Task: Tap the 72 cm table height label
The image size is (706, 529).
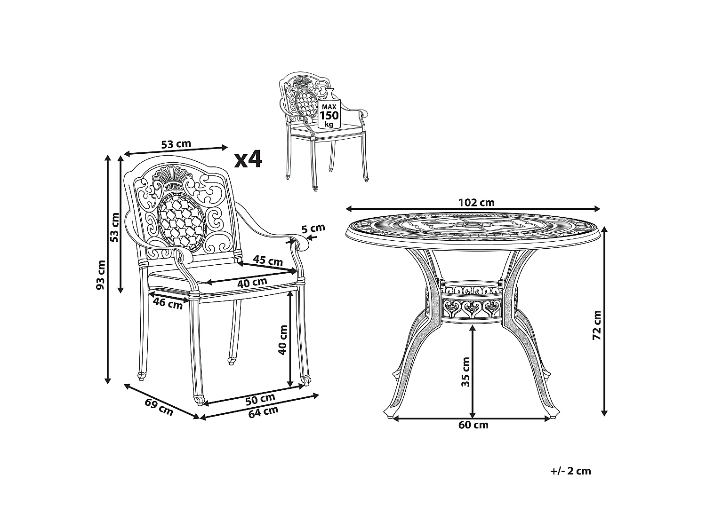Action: (x=597, y=325)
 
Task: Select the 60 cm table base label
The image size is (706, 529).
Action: (x=473, y=425)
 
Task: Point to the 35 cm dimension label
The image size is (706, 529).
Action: (x=465, y=371)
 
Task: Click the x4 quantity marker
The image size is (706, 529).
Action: (x=248, y=159)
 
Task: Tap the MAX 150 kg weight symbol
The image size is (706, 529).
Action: (x=329, y=111)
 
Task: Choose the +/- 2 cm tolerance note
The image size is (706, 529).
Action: (x=570, y=471)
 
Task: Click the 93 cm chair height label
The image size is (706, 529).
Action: (x=101, y=275)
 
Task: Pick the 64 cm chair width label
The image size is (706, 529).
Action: (x=263, y=412)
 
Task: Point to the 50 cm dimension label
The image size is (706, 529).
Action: (x=260, y=399)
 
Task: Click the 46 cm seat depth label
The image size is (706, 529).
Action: (x=168, y=303)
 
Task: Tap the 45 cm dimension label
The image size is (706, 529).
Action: (x=268, y=261)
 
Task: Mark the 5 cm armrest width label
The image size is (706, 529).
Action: (x=313, y=229)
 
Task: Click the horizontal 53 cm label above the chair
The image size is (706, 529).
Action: (x=176, y=144)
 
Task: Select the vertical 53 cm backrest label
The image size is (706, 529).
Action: (x=114, y=227)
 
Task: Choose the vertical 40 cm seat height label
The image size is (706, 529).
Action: (x=282, y=340)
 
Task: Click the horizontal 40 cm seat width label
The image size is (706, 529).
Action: (x=252, y=283)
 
